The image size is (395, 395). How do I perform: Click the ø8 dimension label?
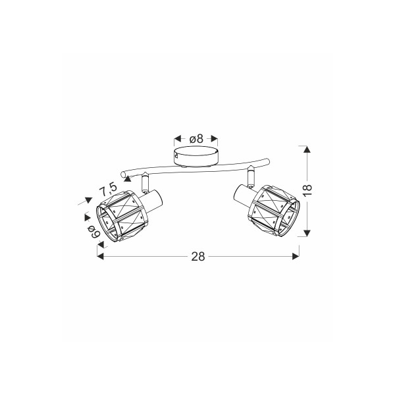[x=196, y=138]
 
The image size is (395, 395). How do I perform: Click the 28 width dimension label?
[x=198, y=257]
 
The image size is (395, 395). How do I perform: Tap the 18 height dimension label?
[x=307, y=190]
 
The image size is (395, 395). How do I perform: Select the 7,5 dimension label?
[x=108, y=190]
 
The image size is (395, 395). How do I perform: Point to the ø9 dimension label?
[x=94, y=231]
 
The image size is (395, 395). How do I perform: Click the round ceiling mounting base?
[x=196, y=157]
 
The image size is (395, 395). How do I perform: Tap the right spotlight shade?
[x=275, y=211]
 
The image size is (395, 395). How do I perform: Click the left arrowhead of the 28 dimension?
[x=100, y=257]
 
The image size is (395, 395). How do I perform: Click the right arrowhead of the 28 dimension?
[x=296, y=257]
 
